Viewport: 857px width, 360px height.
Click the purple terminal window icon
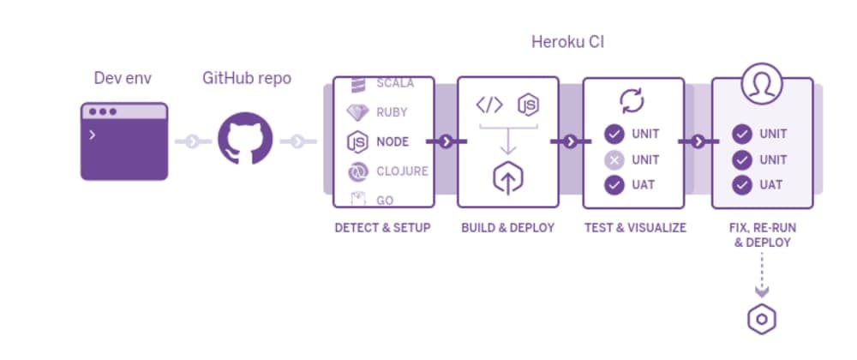124,141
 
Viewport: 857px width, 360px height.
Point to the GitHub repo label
247,78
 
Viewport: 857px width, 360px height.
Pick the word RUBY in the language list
393,112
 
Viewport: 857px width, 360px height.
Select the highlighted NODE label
393,141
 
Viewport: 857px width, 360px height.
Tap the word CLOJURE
402,171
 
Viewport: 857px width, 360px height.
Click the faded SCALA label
395,83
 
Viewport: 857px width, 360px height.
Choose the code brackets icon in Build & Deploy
489,105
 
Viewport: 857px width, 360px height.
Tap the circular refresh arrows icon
632,102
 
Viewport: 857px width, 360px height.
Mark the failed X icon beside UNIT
614,159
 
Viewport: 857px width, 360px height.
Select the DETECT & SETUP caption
382,228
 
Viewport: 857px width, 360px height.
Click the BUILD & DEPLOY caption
507,228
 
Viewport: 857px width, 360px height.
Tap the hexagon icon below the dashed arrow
761,321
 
